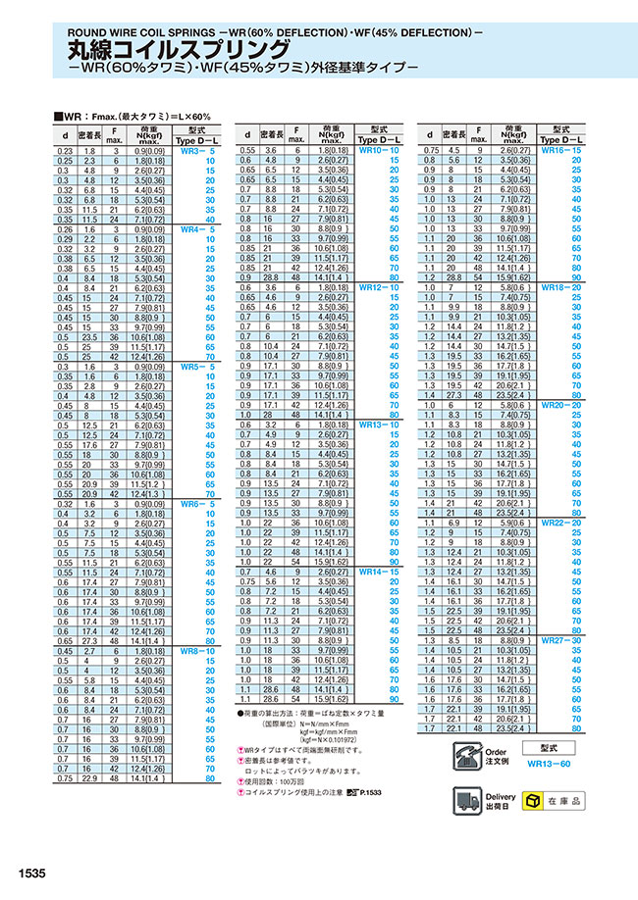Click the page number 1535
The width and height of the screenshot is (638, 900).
[30, 873]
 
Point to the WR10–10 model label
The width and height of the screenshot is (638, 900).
[380, 151]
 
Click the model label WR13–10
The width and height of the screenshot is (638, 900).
[380, 425]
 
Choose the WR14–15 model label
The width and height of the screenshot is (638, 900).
[380, 571]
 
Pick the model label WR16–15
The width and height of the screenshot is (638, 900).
[562, 151]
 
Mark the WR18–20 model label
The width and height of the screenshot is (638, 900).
[562, 287]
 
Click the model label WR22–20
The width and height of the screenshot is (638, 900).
[562, 524]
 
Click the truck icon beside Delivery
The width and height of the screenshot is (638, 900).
[468, 801]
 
